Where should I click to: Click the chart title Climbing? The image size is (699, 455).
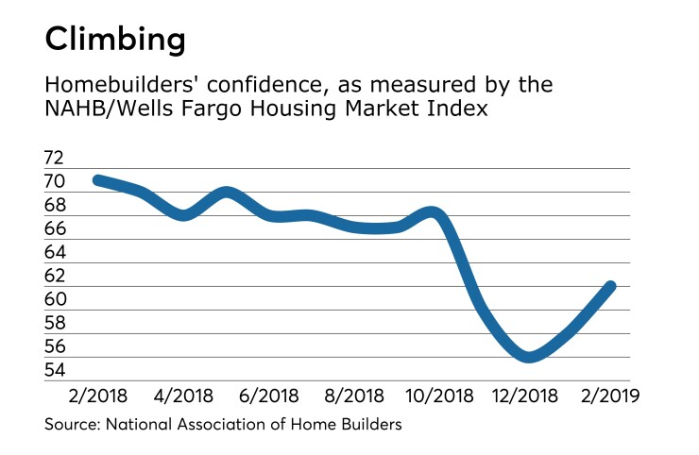point(115,40)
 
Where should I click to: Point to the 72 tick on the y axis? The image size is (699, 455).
point(56,158)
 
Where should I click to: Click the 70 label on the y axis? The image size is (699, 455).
point(56,181)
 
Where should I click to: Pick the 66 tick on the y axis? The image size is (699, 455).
point(56,228)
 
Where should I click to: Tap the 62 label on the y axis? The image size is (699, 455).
point(56,276)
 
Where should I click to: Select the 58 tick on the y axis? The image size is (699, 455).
point(56,323)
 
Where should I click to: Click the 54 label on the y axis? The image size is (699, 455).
point(56,370)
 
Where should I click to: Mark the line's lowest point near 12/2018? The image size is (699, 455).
point(529,357)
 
